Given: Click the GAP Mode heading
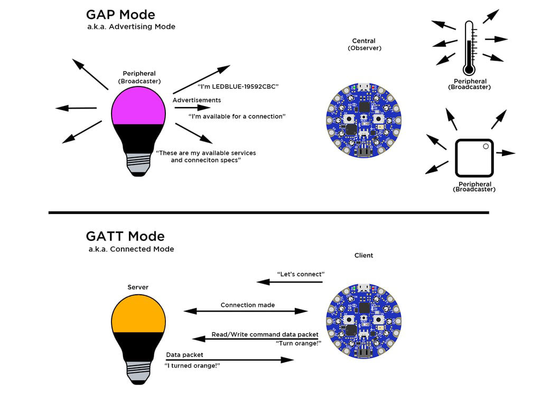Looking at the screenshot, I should coord(120,14).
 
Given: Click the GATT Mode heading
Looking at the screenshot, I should coord(125,236).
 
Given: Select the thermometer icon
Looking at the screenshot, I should coord(469,47).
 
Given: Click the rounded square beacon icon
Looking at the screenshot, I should coord(474,158).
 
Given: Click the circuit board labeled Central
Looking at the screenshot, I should coord(363,120).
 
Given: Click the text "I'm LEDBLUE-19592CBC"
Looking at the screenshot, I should coord(238,86).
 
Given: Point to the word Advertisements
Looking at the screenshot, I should coord(197,100).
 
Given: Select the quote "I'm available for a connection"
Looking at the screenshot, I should coord(237,116).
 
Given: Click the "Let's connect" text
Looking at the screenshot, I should coord(301,274).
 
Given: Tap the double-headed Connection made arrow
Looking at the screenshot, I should coord(245,311).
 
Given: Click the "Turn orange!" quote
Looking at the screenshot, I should coord(299,343).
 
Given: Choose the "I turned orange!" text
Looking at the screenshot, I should coord(192,365).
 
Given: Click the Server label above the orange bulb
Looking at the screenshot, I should coord(138,287).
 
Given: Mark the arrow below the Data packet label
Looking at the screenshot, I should coord(230,360).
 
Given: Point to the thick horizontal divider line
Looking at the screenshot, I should coord(268,213).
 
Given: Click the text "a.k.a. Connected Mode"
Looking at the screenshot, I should coord(131,249).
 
